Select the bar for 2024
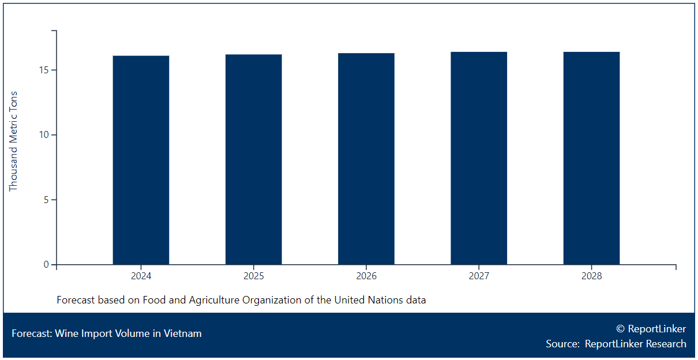[141, 160]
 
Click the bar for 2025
[254, 160]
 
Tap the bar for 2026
[366, 159]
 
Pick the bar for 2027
[479, 158]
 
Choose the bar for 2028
[591, 158]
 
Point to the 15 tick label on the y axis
[44, 70]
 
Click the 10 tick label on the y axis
[44, 135]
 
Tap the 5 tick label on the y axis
[46, 200]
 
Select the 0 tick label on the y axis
[46, 265]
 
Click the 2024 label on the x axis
[141, 276]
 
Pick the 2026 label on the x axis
[366, 276]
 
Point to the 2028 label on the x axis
[591, 276]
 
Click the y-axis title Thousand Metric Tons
[13, 141]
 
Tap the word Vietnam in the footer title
[183, 333]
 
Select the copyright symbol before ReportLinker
[620, 329]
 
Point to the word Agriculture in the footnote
[215, 300]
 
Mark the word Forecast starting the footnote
[76, 300]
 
